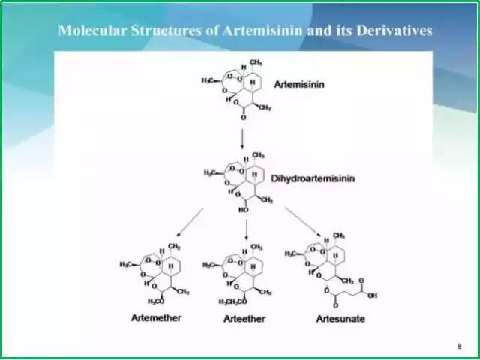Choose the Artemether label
[154, 318]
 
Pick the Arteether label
[244, 319]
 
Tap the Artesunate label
[340, 319]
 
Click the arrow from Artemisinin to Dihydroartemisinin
[242, 138]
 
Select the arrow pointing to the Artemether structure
[187, 223]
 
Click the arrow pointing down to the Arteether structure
[247, 228]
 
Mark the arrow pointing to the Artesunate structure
[305, 224]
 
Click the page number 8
[459, 346]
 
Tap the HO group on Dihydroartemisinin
[243, 211]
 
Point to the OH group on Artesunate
[373, 295]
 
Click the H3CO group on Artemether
[156, 301]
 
